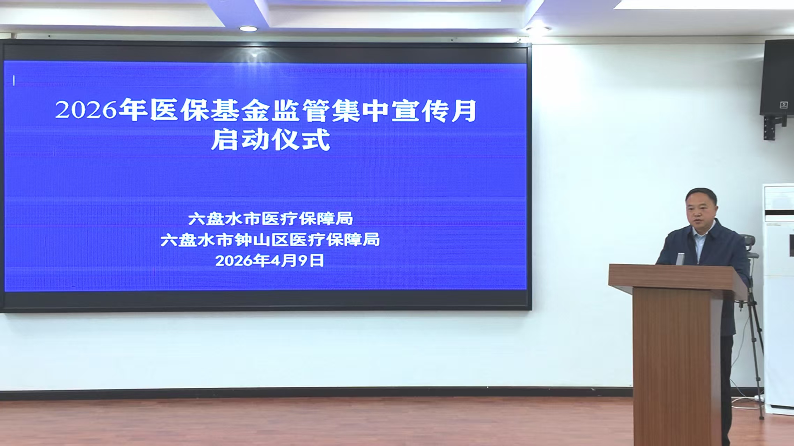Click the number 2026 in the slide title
coord(86,110)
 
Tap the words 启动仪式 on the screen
coord(270,139)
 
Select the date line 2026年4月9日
coord(269,260)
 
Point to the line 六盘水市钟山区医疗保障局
coord(270,240)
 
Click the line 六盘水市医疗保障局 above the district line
coord(270,219)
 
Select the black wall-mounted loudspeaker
coord(777,77)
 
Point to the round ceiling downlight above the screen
coord(248,29)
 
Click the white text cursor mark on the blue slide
coord(14,81)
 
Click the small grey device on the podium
coord(680,259)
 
